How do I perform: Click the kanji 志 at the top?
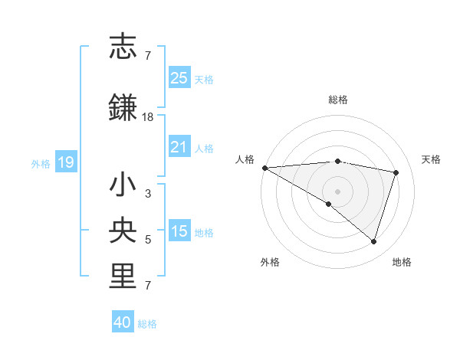(x=123, y=47)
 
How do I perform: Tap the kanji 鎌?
(x=123, y=107)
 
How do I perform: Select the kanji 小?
(x=123, y=185)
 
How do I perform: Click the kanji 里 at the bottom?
(x=123, y=276)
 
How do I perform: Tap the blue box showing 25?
(x=179, y=78)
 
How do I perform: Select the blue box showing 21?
(x=179, y=147)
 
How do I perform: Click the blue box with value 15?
(x=179, y=231)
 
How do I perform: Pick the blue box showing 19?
(x=65, y=162)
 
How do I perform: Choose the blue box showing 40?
(x=123, y=322)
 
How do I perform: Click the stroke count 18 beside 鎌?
(x=148, y=117)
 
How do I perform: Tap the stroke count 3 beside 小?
(x=148, y=194)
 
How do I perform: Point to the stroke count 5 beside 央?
(x=148, y=240)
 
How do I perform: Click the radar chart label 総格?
(x=337, y=100)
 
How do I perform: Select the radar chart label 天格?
(x=431, y=159)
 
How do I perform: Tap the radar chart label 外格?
(x=270, y=262)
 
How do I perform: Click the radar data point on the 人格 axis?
(x=264, y=167)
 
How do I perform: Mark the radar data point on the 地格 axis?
(x=373, y=241)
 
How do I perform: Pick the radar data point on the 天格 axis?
(x=396, y=172)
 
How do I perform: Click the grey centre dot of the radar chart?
(x=337, y=190)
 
